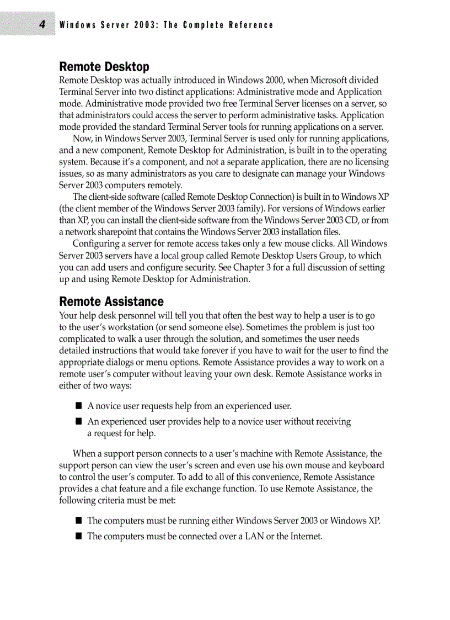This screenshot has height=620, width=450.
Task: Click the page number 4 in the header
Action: [x=42, y=25]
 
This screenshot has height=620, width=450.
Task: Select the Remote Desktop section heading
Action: [x=104, y=67]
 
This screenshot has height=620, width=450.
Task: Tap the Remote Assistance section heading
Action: [x=111, y=301]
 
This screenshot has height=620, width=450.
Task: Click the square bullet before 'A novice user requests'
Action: [x=79, y=406]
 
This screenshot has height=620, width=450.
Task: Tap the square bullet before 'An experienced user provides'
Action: [x=79, y=422]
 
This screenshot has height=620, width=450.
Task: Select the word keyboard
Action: [x=366, y=465]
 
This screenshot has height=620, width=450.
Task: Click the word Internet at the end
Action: [x=306, y=536]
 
